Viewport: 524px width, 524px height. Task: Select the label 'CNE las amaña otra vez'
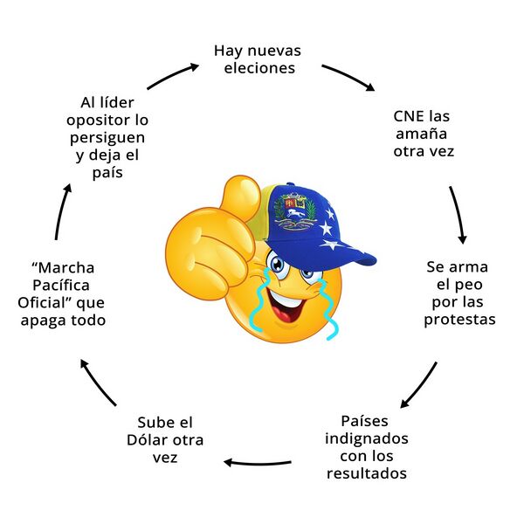[x=424, y=133]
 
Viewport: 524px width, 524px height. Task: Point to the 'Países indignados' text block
[x=367, y=446]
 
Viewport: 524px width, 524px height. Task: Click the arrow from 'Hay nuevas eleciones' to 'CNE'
[x=348, y=76]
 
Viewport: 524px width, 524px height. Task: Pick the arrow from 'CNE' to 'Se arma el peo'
[x=458, y=215]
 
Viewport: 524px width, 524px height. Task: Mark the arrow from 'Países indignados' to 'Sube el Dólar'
[x=258, y=461]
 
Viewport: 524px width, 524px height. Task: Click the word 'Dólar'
[x=163, y=439]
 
